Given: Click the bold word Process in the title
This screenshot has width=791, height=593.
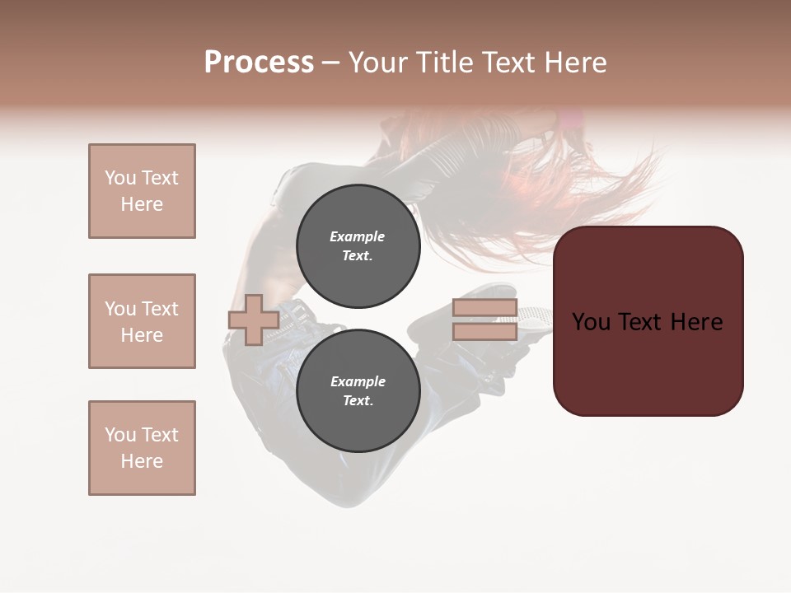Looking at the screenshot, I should click(x=259, y=63).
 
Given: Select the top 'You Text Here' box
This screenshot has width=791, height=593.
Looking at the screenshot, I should click(x=142, y=191).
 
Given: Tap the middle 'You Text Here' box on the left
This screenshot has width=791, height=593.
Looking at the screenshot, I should click(x=142, y=321).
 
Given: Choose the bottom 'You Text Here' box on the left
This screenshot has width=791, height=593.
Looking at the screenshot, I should click(x=142, y=448).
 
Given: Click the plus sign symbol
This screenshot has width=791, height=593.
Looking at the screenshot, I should click(x=253, y=320).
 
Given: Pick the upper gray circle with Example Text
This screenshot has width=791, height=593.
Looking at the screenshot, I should click(x=358, y=245).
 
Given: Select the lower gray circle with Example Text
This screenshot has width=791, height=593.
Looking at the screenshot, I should click(x=358, y=390).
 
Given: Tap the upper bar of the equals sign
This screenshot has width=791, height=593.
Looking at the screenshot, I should click(x=484, y=308).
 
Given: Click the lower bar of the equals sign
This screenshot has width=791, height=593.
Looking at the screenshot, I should click(x=484, y=331).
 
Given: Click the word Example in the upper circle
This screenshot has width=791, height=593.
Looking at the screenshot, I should click(x=357, y=236).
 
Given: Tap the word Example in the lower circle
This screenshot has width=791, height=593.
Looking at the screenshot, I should click(x=358, y=381).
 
